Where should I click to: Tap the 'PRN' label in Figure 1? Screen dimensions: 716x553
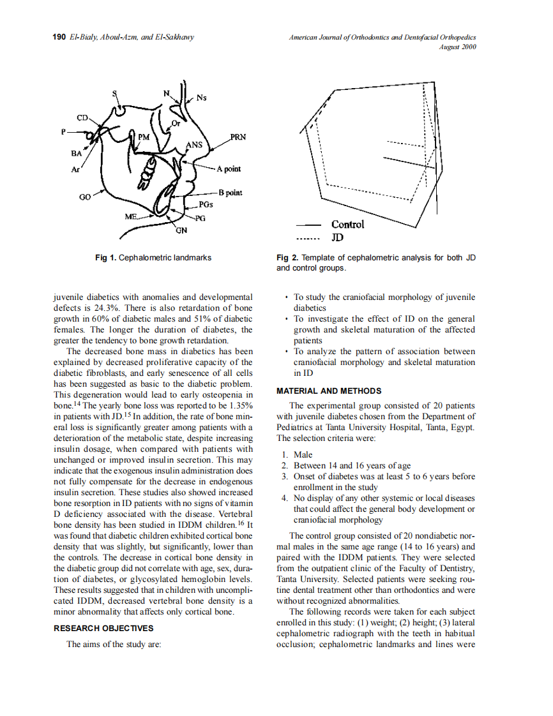[238, 137]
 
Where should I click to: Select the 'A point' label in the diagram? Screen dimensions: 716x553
[229, 168]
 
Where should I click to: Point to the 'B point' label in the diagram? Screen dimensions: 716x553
[231, 192]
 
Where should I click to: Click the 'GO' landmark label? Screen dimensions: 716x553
[84, 198]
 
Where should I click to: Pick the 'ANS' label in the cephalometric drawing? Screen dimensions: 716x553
[193, 145]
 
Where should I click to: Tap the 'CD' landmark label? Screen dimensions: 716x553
[83, 118]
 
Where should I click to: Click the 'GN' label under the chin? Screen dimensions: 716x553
[181, 230]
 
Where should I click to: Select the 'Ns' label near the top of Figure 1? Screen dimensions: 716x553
[201, 98]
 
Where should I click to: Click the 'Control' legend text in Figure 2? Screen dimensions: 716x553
[347, 225]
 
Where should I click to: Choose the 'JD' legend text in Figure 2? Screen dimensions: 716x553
[338, 238]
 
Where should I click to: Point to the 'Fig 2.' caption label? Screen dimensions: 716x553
[287, 258]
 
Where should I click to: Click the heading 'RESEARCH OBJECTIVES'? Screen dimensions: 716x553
[103, 628]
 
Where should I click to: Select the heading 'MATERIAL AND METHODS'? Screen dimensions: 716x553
[329, 391]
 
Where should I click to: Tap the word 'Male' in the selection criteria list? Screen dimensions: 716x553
[303, 455]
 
